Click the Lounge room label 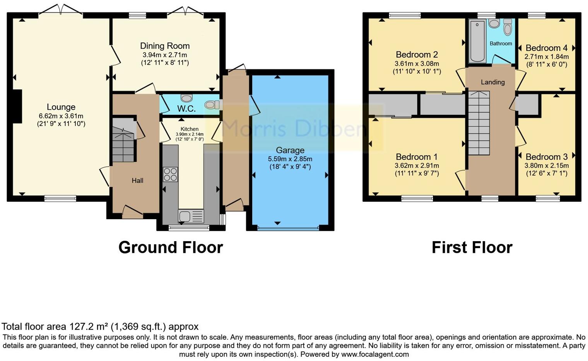(61, 107)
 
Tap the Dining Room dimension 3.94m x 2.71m (165, 55)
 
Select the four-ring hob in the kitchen (170, 174)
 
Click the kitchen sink (191, 216)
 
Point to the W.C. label (186, 109)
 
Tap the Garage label (290, 150)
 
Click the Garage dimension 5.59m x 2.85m (290, 159)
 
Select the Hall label (137, 180)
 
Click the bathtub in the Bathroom (477, 41)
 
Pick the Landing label (492, 82)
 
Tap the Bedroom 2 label (417, 54)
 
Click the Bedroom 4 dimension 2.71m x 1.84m (546, 56)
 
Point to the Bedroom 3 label (546, 157)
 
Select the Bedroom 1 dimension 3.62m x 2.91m (417, 165)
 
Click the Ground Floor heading (171, 247)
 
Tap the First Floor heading (472, 247)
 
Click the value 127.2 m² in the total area (89, 327)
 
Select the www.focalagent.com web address (374, 354)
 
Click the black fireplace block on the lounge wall (16, 106)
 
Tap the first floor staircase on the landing (479, 123)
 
